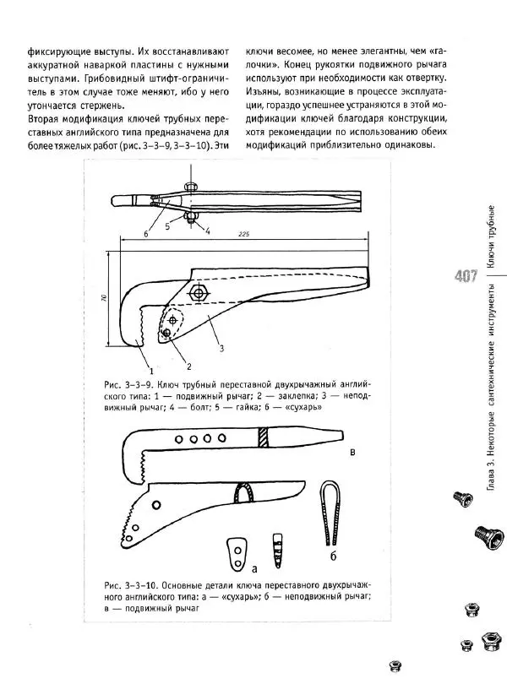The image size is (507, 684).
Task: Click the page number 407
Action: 469,275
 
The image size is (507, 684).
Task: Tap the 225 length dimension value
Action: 243,234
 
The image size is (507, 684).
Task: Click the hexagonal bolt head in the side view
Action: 200,292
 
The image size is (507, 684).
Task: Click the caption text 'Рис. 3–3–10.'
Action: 126,584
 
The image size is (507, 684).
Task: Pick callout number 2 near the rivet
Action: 188,366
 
